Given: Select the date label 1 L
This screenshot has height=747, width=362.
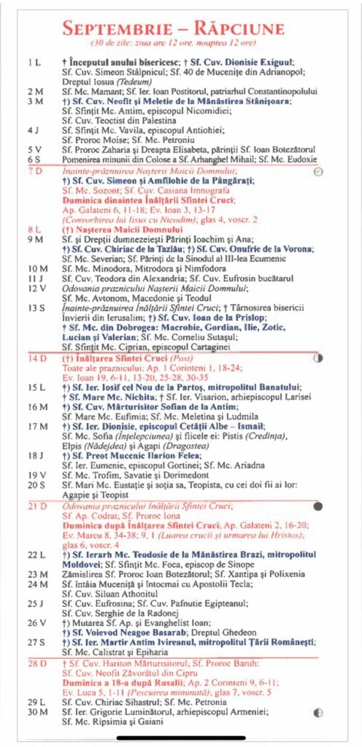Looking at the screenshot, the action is tap(34, 62).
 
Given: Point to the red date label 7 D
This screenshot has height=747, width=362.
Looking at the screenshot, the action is tap(34, 171).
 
